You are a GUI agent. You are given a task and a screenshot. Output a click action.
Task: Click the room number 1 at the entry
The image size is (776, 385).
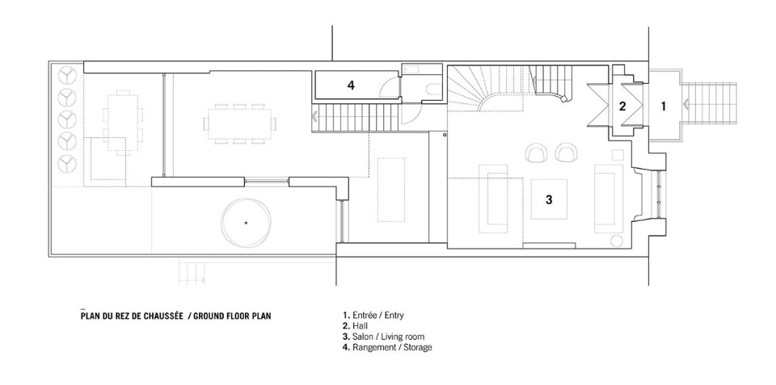click(x=664, y=105)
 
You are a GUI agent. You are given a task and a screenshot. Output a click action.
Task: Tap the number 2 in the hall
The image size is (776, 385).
click(x=622, y=105)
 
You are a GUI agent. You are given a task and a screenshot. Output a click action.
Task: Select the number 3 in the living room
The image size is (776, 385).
click(x=549, y=199)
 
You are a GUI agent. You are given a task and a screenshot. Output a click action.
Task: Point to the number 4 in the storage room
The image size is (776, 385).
click(x=351, y=86)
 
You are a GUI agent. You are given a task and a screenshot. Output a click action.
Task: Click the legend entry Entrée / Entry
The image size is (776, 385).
click(x=373, y=315)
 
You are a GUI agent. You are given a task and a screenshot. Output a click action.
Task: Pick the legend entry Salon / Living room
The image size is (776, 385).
click(x=383, y=337)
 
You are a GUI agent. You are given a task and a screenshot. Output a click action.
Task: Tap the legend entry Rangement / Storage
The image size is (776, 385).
click(x=387, y=347)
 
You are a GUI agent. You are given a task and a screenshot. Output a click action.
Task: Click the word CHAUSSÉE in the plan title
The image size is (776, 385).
click(x=162, y=316)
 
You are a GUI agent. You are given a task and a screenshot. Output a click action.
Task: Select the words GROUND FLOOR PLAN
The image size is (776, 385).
click(x=232, y=316)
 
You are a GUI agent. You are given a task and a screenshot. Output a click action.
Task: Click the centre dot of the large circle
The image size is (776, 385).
click(x=246, y=223)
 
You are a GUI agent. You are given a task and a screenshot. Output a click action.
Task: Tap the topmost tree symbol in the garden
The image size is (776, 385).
click(x=67, y=76)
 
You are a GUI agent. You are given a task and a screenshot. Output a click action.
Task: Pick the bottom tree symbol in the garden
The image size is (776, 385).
click(x=67, y=164)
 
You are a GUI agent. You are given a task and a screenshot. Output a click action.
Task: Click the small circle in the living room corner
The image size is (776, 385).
click(x=617, y=241)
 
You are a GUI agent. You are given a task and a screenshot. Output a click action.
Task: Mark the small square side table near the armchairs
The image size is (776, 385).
click(x=618, y=155)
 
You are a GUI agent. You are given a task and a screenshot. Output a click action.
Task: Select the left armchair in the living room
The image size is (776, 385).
click(x=537, y=153)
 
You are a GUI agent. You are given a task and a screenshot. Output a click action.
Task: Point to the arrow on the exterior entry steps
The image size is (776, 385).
click(x=685, y=104)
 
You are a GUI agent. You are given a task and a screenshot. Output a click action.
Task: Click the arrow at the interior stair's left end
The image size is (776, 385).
click(x=314, y=118)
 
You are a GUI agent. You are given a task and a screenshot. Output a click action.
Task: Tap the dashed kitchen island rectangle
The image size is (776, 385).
click(x=391, y=190)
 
